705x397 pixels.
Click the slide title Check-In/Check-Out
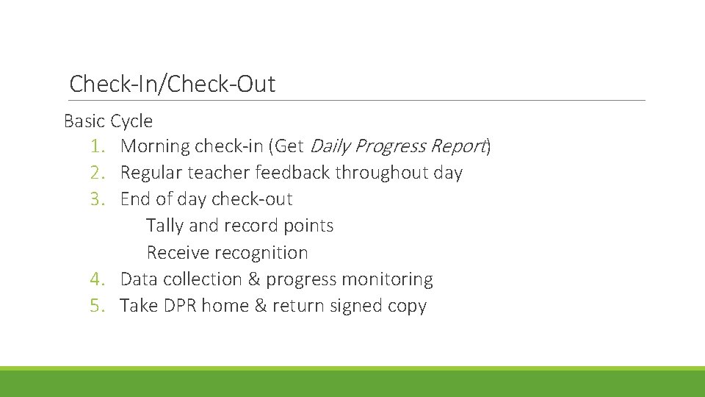(x=172, y=84)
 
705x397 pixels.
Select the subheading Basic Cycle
(x=108, y=121)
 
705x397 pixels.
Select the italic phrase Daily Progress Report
(x=397, y=146)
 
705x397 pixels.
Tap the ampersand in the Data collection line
(x=253, y=279)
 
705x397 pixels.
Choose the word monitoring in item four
(x=389, y=279)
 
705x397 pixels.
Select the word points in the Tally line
(x=309, y=226)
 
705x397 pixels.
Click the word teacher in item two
(x=220, y=173)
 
